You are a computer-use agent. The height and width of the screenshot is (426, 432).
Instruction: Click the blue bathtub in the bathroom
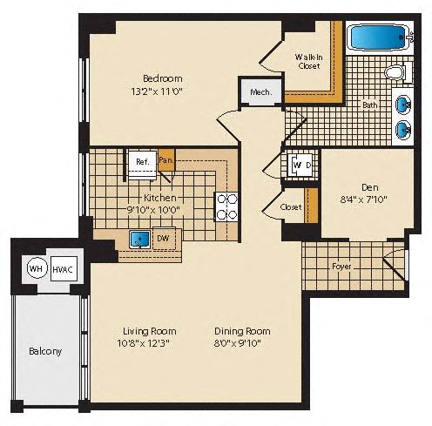pyautogui.click(x=378, y=37)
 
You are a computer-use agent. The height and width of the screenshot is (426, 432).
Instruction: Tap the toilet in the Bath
pyautogui.click(x=397, y=72)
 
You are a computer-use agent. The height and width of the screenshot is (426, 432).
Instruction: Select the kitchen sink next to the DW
pyautogui.click(x=140, y=240)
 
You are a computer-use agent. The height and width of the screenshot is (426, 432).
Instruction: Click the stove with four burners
pyautogui.click(x=226, y=207)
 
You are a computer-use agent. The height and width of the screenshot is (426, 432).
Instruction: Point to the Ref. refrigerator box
pyautogui.click(x=142, y=165)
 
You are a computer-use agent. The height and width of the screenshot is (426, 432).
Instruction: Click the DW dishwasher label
pyautogui.click(x=163, y=239)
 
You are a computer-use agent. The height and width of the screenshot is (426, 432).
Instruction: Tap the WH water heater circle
pyautogui.click(x=37, y=268)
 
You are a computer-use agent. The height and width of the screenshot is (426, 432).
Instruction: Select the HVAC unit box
pyautogui.click(x=64, y=269)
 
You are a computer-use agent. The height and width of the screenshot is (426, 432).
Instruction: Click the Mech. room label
pyautogui.click(x=261, y=92)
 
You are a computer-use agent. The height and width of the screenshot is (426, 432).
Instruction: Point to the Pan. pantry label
pyautogui.click(x=166, y=160)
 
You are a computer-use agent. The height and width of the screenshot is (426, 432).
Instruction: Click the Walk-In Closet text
pyautogui.click(x=308, y=61)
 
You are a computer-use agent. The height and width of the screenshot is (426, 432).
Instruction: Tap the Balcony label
pyautogui.click(x=45, y=351)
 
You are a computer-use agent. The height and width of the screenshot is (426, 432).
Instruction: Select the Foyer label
pyautogui.click(x=341, y=267)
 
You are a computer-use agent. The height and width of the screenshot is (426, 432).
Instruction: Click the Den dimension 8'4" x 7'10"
pyautogui.click(x=363, y=199)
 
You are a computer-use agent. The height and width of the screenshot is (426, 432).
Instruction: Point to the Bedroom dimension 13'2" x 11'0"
pyautogui.click(x=157, y=91)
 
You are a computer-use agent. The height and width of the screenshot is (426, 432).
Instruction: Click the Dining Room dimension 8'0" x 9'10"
pyautogui.click(x=238, y=343)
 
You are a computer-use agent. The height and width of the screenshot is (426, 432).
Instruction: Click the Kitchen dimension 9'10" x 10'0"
pyautogui.click(x=153, y=209)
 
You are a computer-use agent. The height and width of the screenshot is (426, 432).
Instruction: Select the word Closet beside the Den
pyautogui.click(x=291, y=207)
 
